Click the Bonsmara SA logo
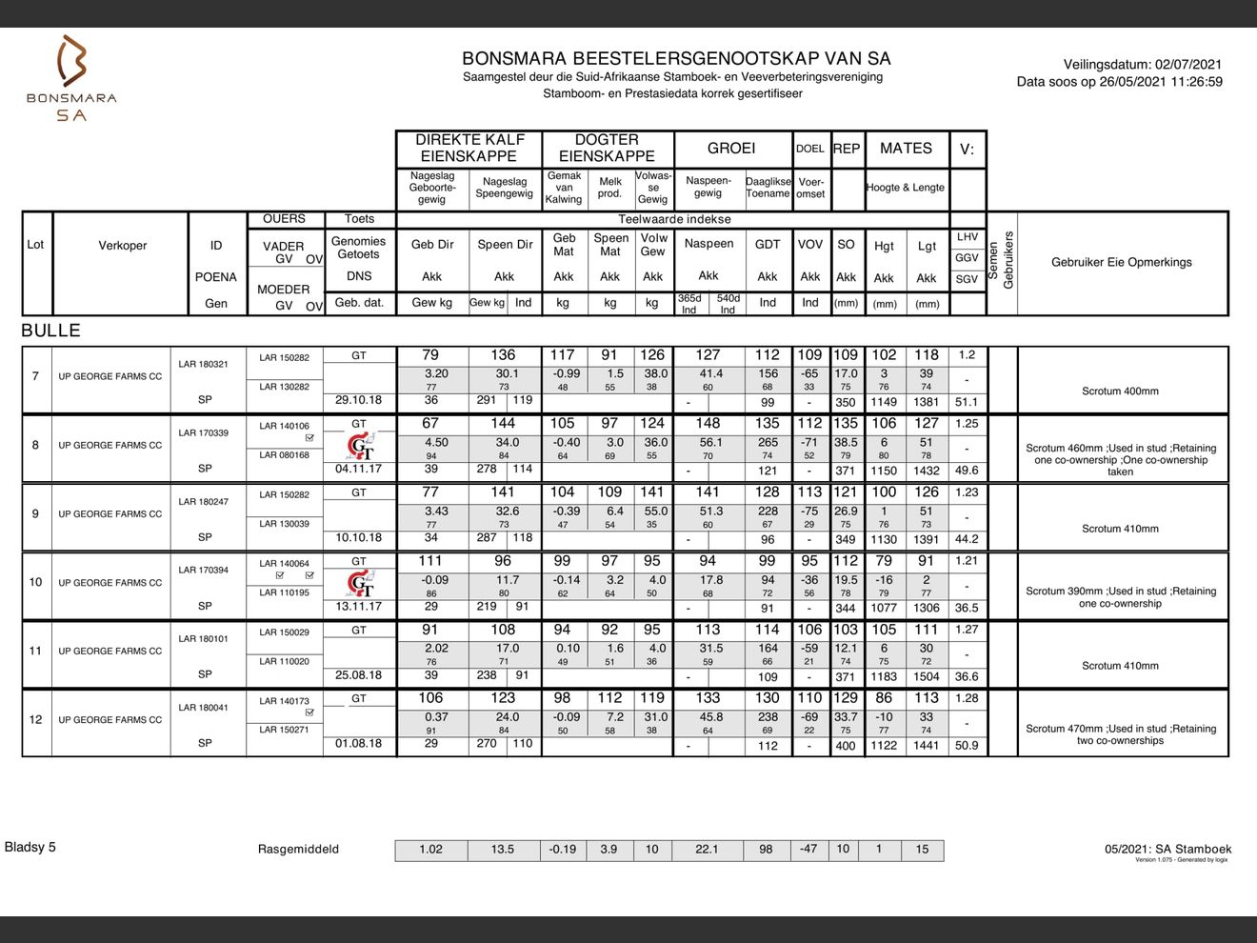point(71,78)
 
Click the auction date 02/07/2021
point(1187,65)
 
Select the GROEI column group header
point(731,149)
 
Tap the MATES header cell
point(906,149)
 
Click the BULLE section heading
point(50,331)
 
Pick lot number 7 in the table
point(36,376)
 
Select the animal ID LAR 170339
point(203,432)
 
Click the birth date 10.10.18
point(358,537)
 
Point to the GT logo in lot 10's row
point(360,584)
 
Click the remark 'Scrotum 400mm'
point(1120,391)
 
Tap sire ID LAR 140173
point(284,701)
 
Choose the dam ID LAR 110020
point(284,661)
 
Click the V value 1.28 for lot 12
point(967,698)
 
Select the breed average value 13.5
point(503,850)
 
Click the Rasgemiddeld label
point(298,850)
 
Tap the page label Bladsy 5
point(30,847)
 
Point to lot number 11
point(36,651)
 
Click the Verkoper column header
point(122,246)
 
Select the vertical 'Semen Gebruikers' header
point(1002,261)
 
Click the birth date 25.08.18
point(358,675)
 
